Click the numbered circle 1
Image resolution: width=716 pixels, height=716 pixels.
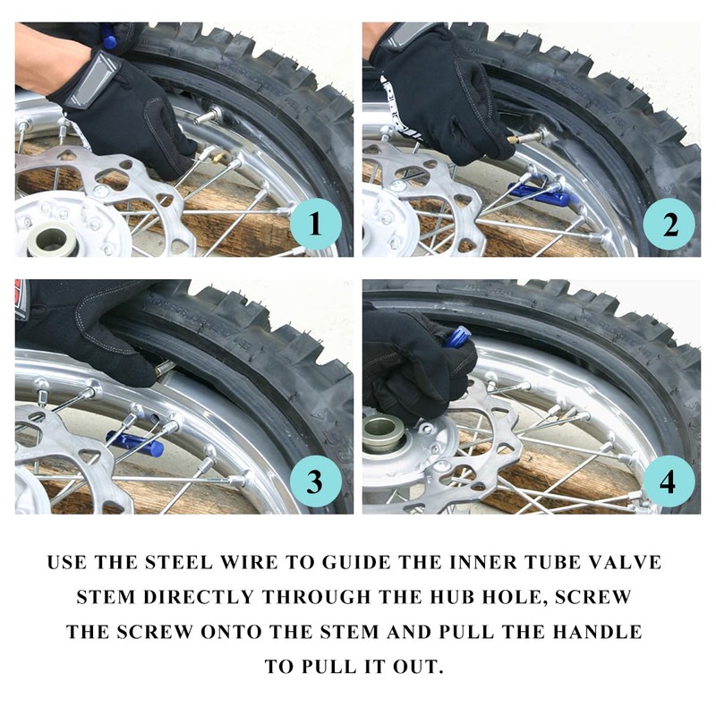click(316, 224)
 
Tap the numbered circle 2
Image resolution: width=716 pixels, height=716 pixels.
click(669, 224)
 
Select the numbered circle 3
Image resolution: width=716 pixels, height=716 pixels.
click(316, 481)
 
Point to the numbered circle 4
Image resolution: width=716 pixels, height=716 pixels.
click(669, 481)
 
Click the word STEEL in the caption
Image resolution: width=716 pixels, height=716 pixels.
click(178, 562)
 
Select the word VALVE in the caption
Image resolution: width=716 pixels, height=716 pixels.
click(628, 562)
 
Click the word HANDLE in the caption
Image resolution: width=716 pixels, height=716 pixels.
click(597, 632)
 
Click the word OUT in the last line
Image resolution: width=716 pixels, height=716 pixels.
click(418, 666)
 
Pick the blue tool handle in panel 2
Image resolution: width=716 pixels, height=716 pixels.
click(541, 195)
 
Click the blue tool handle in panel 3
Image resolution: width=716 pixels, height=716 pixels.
click(135, 442)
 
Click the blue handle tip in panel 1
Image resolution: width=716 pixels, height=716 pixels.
click(108, 38)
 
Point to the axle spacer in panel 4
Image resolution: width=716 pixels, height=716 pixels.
click(381, 431)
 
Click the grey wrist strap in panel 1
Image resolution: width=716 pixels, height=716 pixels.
click(90, 81)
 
